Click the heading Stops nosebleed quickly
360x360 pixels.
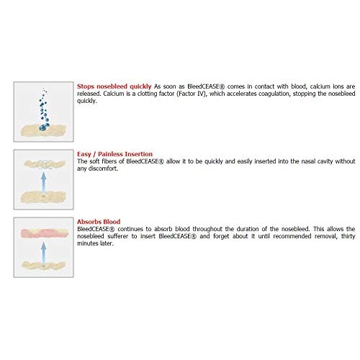click(x=114, y=86)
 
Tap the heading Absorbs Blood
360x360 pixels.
click(x=99, y=221)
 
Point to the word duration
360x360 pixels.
click(x=239, y=228)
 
